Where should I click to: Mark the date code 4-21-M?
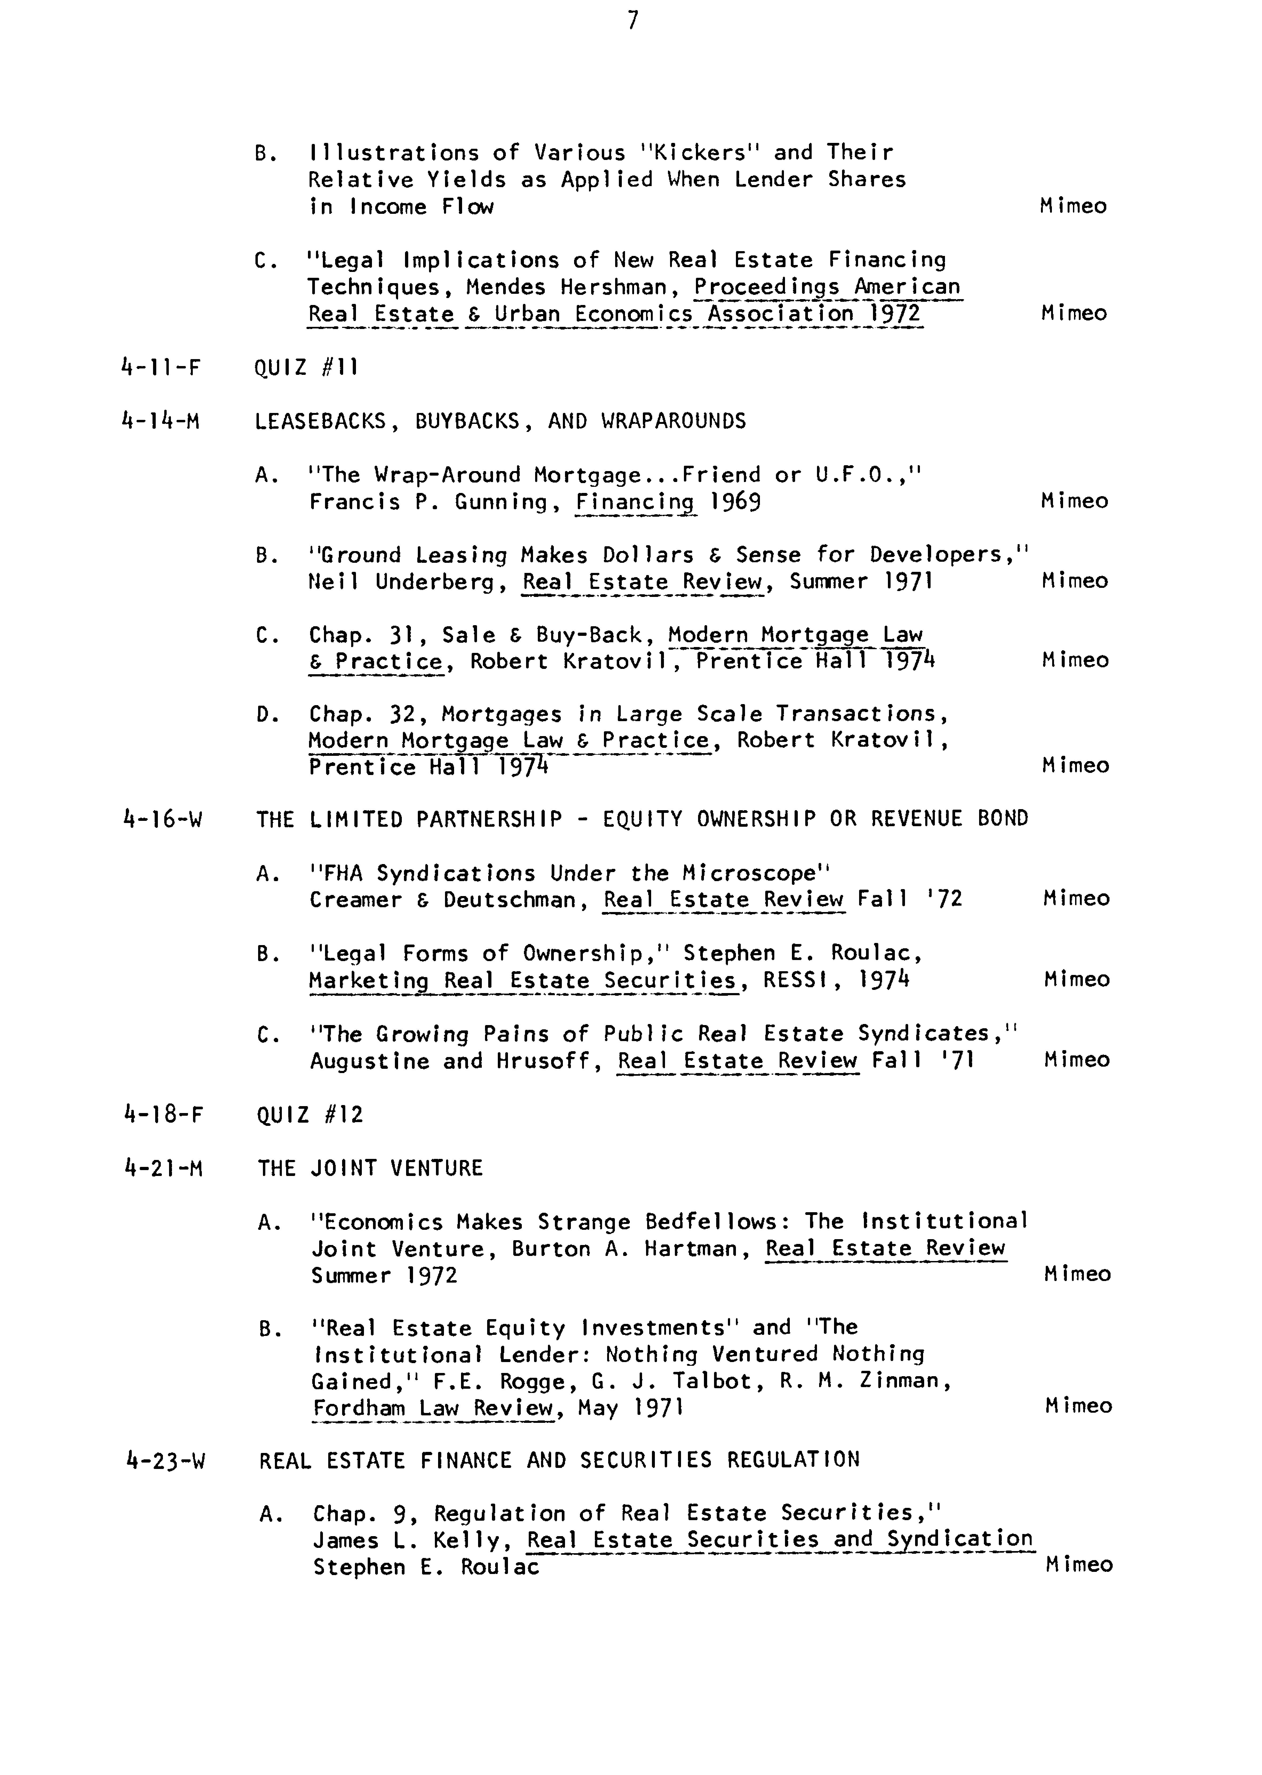click(x=163, y=1168)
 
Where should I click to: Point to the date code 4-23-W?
click(x=165, y=1460)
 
